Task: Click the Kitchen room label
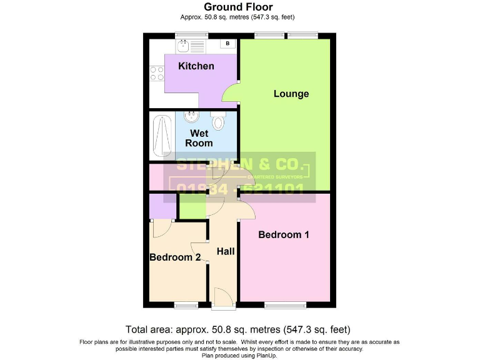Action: point(196,66)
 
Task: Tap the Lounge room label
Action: point(291,94)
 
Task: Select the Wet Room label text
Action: point(199,138)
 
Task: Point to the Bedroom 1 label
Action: point(284,235)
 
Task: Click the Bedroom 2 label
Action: point(175,257)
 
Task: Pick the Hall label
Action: point(226,251)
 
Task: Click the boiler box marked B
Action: point(228,44)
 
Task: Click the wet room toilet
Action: point(218,121)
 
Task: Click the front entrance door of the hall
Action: point(222,297)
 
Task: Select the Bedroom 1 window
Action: point(285,305)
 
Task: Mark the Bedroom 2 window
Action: point(186,305)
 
